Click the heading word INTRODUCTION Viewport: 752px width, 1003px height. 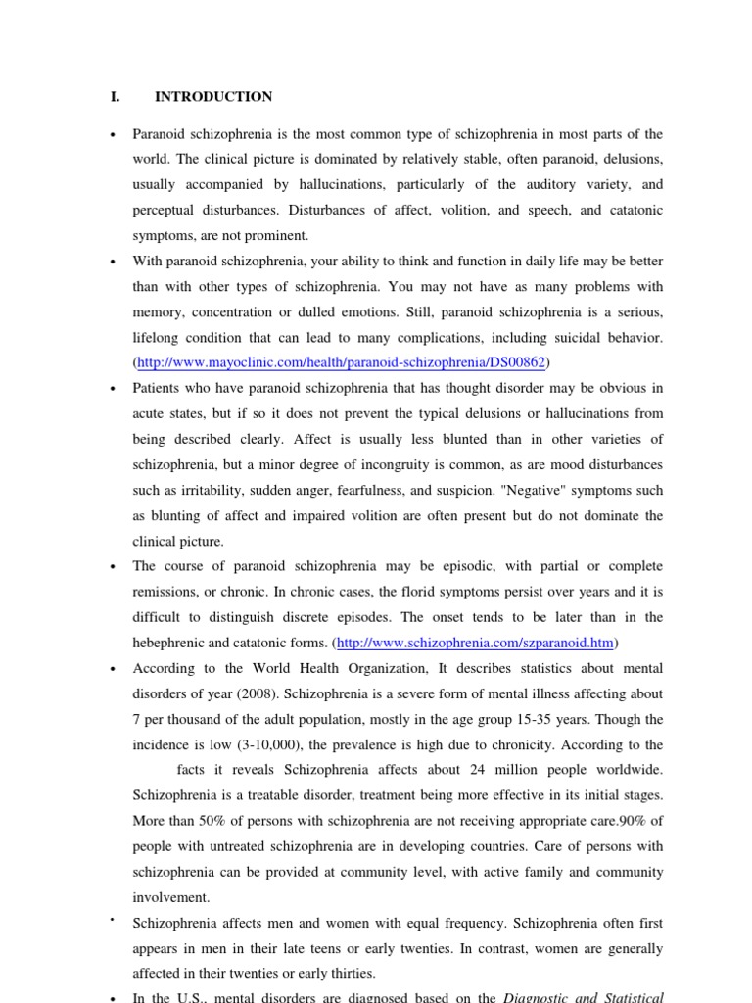click(x=213, y=97)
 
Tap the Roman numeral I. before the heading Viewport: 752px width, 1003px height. click(x=115, y=97)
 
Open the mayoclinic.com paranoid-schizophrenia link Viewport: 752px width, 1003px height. click(x=342, y=363)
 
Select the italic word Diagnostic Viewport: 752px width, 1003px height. click(x=535, y=998)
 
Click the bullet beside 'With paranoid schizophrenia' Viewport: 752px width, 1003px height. click(x=114, y=263)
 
